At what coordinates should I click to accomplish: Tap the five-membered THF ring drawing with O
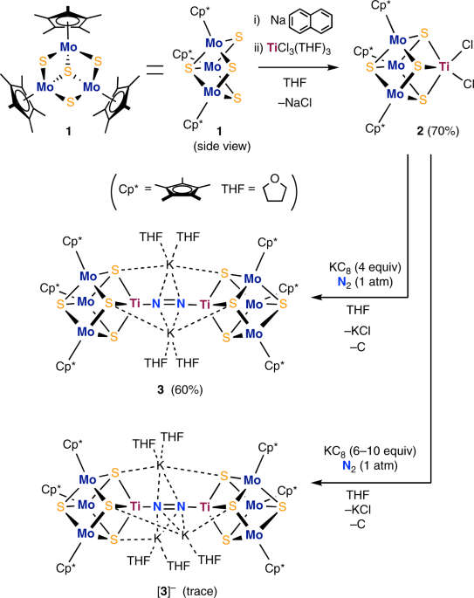[280, 189]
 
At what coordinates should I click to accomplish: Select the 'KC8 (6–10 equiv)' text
[367, 454]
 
